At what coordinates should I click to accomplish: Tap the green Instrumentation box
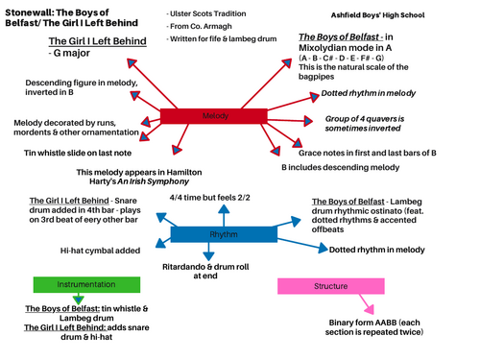point(74,285)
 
